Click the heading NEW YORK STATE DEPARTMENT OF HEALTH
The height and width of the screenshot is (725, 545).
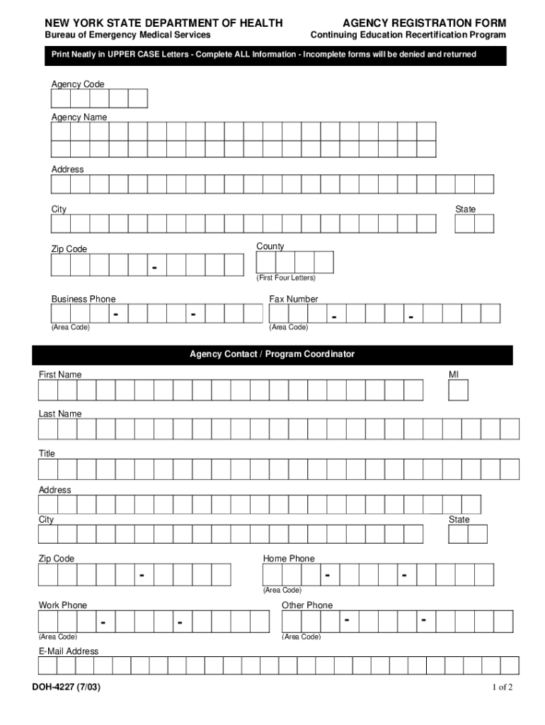[x=163, y=23]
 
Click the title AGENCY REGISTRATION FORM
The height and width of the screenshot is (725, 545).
[x=425, y=23]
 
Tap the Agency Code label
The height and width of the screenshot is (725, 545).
[x=78, y=84]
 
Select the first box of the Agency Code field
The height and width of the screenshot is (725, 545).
[x=61, y=98]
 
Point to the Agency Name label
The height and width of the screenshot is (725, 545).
[x=79, y=117]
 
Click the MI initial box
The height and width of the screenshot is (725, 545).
[x=459, y=390]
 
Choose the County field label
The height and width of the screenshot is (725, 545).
[x=270, y=246]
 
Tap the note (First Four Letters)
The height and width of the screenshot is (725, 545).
[x=286, y=278]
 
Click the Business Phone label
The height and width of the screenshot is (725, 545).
[x=84, y=299]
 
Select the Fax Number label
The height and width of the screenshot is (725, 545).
[x=294, y=299]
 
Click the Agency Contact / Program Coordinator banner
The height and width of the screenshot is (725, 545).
[x=272, y=354]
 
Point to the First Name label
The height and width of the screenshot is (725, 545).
[x=60, y=375]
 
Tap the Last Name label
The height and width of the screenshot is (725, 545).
[x=60, y=413]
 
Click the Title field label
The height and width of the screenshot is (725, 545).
[x=47, y=453]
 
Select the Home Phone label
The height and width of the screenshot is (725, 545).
[x=289, y=559]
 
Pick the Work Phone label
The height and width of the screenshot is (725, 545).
[x=63, y=605]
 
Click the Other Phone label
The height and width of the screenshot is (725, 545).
[x=307, y=605]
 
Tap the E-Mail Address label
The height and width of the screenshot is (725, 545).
[x=69, y=651]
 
